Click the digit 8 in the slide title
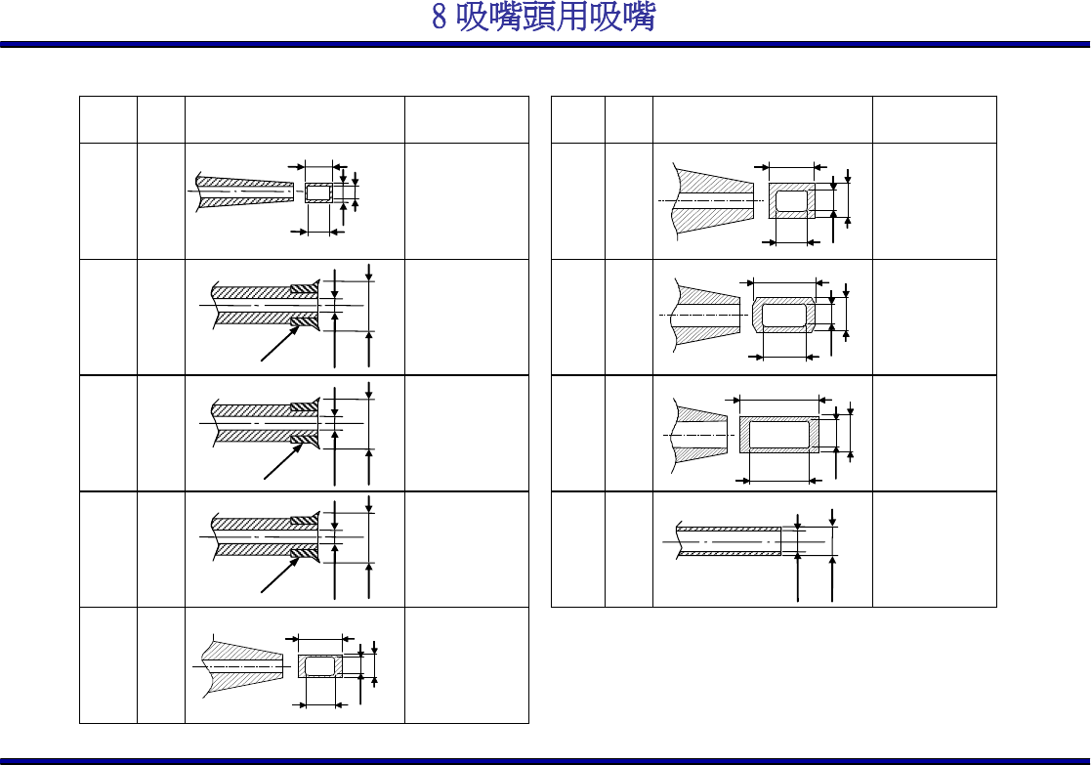[441, 18]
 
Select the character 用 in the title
[572, 18]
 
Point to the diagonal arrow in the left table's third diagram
[281, 460]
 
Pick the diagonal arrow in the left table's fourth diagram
[279, 575]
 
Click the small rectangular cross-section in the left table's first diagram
[318, 191]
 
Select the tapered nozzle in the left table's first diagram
[244, 191]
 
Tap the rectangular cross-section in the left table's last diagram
[319, 665]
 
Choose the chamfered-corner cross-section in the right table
[783, 315]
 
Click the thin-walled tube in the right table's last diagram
[729, 540]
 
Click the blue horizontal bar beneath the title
[545, 44]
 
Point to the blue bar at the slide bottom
[545, 759]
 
